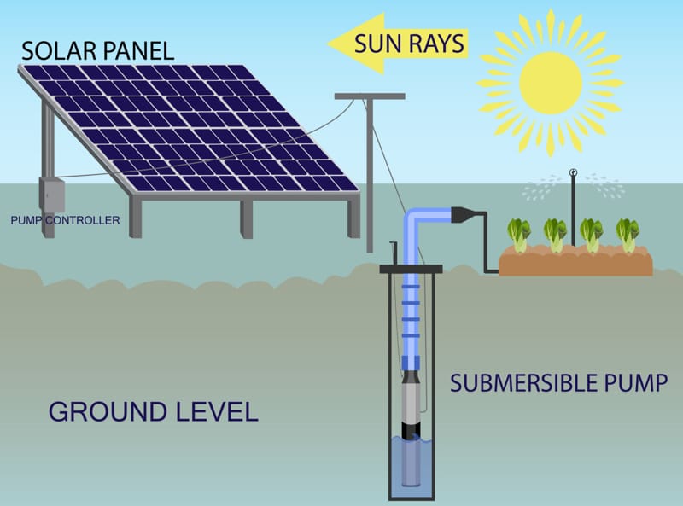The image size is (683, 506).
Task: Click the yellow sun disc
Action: (551, 83)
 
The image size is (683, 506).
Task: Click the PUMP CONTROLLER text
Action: (65, 221)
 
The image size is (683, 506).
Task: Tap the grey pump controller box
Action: (53, 195)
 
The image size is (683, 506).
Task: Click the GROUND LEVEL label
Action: (153, 412)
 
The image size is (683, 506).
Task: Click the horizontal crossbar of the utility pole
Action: (368, 95)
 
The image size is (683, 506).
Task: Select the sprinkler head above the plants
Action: (574, 178)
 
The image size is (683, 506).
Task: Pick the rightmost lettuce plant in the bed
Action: (628, 232)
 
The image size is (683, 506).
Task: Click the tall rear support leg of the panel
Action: (48, 154)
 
